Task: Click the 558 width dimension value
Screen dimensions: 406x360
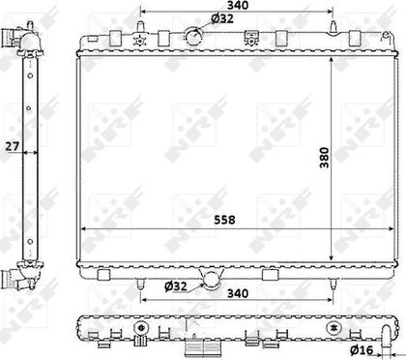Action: click(224, 220)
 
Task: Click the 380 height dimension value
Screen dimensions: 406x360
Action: click(325, 158)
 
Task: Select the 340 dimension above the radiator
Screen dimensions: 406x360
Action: click(238, 5)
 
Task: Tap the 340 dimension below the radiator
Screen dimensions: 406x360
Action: click(238, 293)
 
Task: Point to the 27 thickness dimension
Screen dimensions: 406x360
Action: click(13, 146)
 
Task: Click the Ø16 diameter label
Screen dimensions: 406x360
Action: click(362, 349)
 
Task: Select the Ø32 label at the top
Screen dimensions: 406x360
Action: click(222, 18)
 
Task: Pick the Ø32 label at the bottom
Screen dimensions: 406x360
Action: click(176, 285)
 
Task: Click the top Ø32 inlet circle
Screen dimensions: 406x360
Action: click(193, 36)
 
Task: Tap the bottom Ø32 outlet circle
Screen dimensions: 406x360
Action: click(212, 280)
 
